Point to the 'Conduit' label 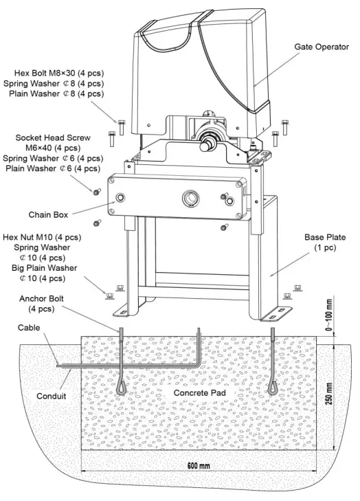[52, 397]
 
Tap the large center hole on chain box [188, 198]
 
